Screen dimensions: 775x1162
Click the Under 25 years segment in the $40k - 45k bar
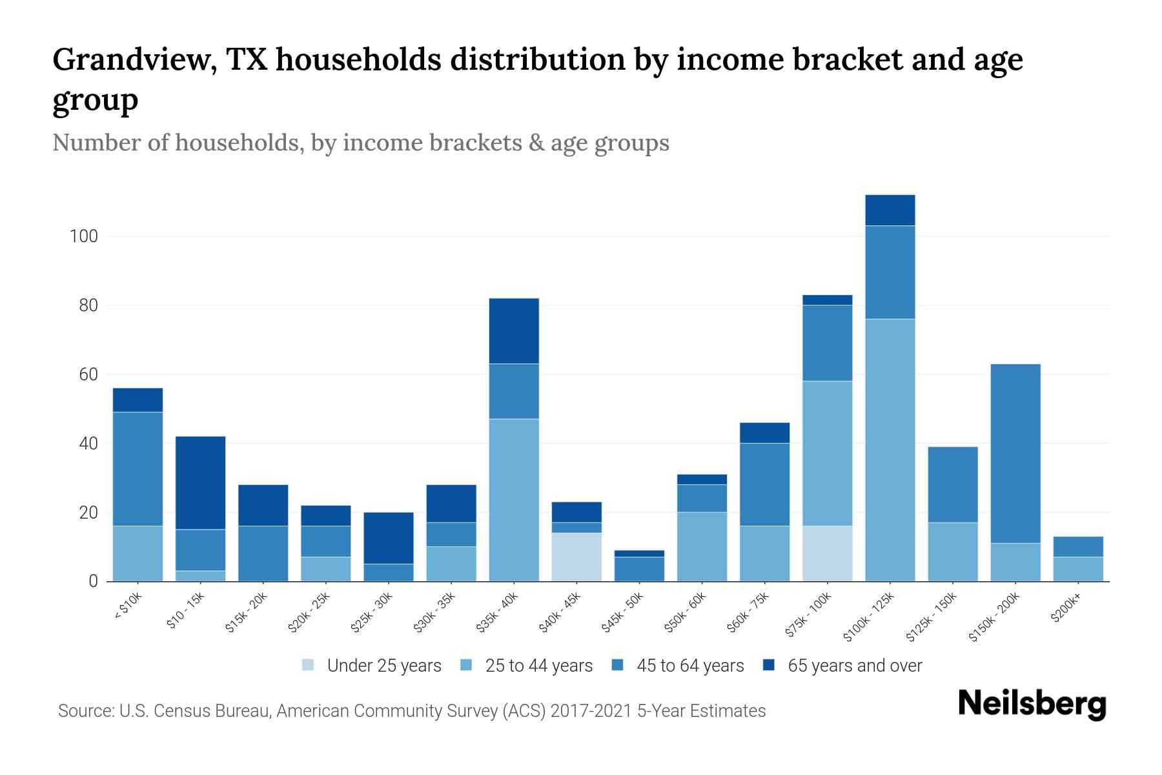[576, 557]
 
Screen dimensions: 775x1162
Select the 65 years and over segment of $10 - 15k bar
[201, 483]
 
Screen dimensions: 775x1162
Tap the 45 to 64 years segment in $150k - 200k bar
[1015, 453]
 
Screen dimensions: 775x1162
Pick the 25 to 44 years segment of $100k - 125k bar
[890, 450]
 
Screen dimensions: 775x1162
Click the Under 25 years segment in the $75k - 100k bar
[828, 553]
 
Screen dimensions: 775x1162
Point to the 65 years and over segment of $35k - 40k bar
[514, 331]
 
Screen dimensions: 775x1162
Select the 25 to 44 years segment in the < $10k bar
[138, 553]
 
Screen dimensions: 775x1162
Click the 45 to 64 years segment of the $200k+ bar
[1078, 546]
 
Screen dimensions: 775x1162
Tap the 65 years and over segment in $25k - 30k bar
[389, 538]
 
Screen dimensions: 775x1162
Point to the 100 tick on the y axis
[84, 236]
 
